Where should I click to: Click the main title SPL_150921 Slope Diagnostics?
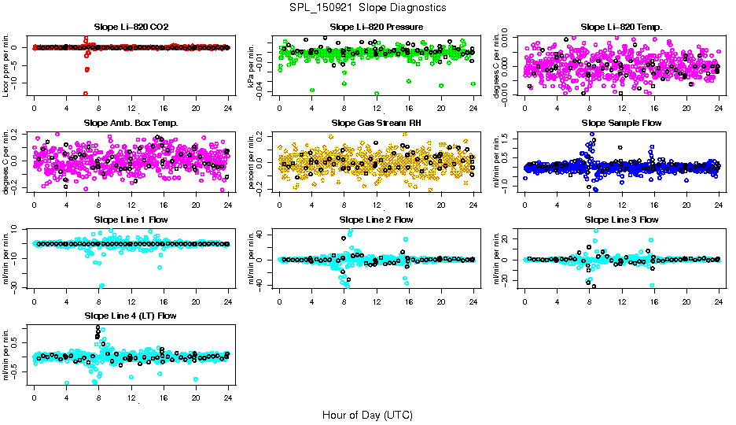[367, 7]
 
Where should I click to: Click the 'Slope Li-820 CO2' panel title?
[131, 27]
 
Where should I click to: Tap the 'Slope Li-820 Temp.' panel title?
[621, 27]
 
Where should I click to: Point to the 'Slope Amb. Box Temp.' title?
[131, 123]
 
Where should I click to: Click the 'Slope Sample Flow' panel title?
[621, 123]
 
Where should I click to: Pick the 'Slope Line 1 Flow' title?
[131, 219]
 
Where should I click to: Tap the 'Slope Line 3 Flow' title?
[621, 219]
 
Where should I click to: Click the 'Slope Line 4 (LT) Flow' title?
[131, 316]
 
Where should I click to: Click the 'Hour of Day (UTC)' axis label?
[367, 414]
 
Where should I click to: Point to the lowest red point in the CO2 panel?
[85, 94]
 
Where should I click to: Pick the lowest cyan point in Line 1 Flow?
[101, 286]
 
